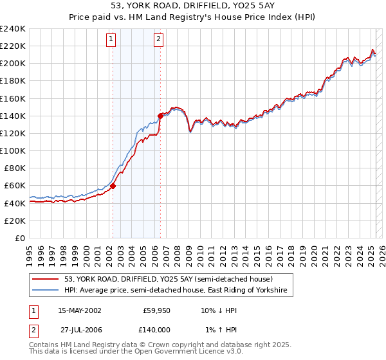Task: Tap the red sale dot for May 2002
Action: [113, 186]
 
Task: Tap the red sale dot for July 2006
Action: [160, 116]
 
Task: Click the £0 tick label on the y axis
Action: [21, 238]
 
